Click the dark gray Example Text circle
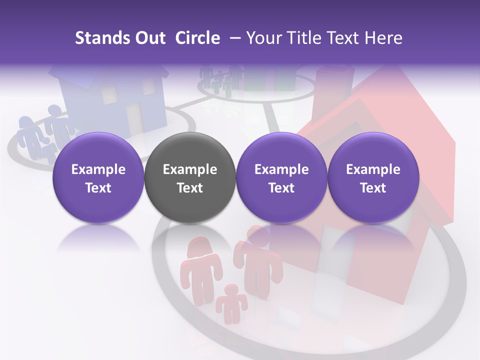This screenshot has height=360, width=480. coord(190,178)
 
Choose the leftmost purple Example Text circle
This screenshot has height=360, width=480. coord(98,178)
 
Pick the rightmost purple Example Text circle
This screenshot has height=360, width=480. coord(373,178)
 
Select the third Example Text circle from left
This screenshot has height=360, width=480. coord(281,178)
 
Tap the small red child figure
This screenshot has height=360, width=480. coord(231,302)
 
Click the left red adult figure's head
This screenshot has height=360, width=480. coord(199,246)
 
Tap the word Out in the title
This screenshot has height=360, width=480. coord(150,38)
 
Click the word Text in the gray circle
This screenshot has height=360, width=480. coord(190,188)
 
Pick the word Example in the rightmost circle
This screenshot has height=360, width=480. coord(373,169)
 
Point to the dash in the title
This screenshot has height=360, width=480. coord(233,38)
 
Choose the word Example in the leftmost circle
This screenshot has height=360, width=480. coord(98,169)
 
